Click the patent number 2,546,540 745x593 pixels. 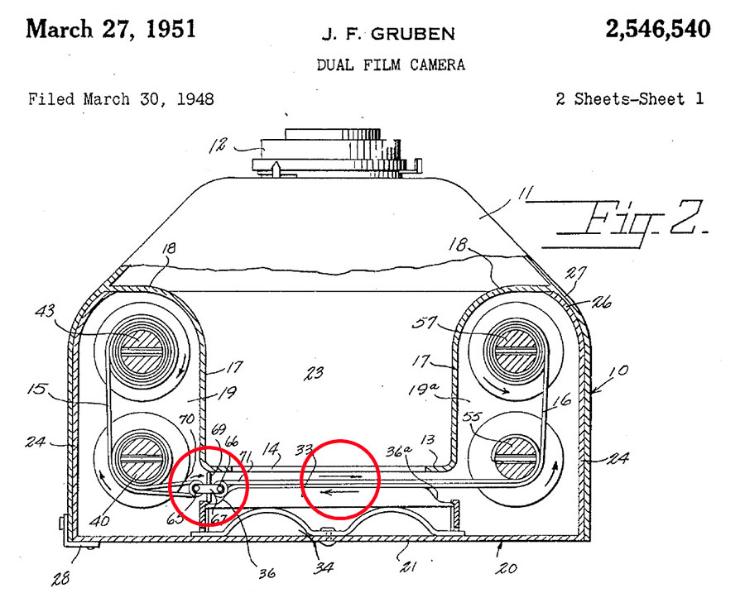pyautogui.click(x=658, y=29)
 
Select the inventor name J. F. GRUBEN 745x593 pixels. pyautogui.click(x=388, y=34)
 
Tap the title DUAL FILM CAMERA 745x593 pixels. pyautogui.click(x=391, y=65)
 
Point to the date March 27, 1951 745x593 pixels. pyautogui.click(x=111, y=29)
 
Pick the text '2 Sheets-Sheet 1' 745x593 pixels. pyautogui.click(x=630, y=98)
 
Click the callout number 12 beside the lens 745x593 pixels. pyautogui.click(x=218, y=146)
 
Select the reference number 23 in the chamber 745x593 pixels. pyautogui.click(x=314, y=374)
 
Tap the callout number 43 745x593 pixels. pyautogui.click(x=46, y=312)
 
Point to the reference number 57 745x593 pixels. pyautogui.click(x=425, y=323)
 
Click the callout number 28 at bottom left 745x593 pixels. pyautogui.click(x=60, y=578)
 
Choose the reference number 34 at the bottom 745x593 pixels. pyautogui.click(x=324, y=567)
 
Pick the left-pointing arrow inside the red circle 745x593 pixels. pyautogui.click(x=339, y=492)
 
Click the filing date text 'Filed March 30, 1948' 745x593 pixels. pyautogui.click(x=121, y=99)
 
